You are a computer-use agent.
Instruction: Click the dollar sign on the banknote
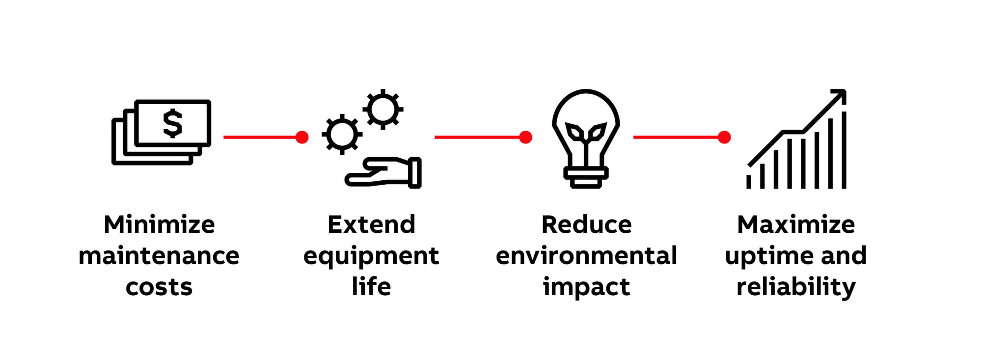click(172, 123)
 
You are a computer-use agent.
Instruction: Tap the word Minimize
click(159, 224)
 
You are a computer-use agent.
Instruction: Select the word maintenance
click(159, 255)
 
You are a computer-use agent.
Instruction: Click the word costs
click(159, 287)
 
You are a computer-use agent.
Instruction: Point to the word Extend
click(371, 224)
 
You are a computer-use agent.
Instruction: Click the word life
click(371, 286)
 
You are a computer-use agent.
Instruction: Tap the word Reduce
click(586, 224)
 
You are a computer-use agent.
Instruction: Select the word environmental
click(586, 255)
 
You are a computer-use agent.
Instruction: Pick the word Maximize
click(796, 224)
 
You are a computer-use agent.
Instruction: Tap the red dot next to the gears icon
click(302, 137)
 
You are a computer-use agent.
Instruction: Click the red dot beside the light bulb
click(525, 137)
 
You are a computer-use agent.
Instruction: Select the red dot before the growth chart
click(724, 137)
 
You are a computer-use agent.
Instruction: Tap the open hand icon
click(383, 173)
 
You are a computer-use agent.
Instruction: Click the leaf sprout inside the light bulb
click(585, 133)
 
